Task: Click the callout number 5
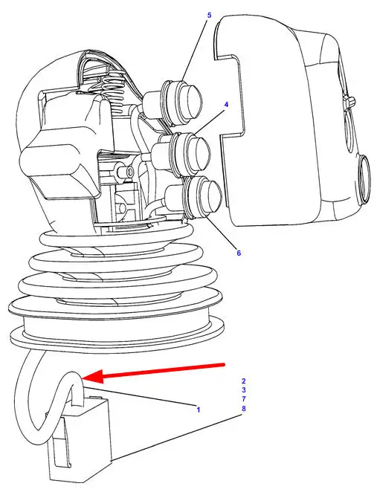click(x=210, y=16)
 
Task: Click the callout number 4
click(x=226, y=105)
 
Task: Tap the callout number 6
click(x=239, y=253)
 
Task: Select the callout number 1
click(x=198, y=410)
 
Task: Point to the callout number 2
click(x=243, y=381)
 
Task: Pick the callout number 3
click(x=243, y=390)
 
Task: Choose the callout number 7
click(x=243, y=399)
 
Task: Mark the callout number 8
click(x=243, y=409)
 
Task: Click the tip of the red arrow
click(x=83, y=378)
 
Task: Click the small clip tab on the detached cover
click(x=349, y=102)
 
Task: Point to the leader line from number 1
click(x=140, y=397)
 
